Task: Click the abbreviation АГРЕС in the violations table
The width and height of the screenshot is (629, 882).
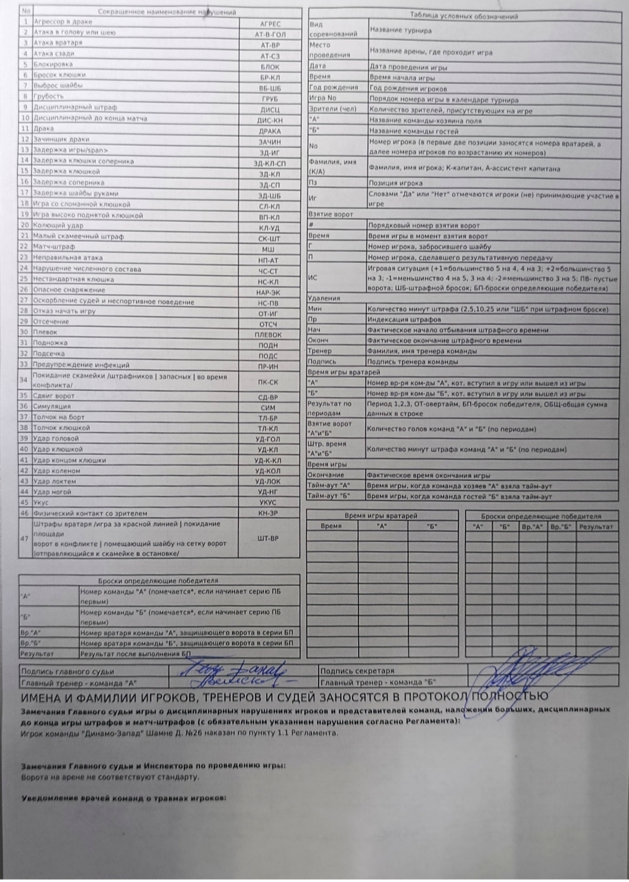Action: coord(270,24)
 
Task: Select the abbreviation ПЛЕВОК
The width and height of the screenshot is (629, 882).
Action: coord(268,335)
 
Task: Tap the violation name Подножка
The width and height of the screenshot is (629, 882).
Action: coord(50,343)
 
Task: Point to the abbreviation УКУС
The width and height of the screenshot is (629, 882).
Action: coord(268,502)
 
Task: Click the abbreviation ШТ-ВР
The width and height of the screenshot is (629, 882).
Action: coord(268,539)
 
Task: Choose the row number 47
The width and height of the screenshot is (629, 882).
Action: coord(24,539)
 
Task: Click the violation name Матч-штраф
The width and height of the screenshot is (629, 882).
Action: coord(54,247)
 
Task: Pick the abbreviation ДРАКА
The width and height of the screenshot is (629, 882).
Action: coord(270,130)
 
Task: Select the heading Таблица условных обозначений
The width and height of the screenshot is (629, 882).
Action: coord(464,17)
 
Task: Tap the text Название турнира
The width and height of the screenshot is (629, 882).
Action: coord(401,30)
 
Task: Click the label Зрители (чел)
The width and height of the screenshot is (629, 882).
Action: coord(332,109)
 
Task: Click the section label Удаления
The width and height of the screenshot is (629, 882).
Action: coord(324,298)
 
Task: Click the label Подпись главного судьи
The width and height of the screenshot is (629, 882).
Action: coord(68,672)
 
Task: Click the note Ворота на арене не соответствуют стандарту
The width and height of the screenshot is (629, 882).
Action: coord(110,777)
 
